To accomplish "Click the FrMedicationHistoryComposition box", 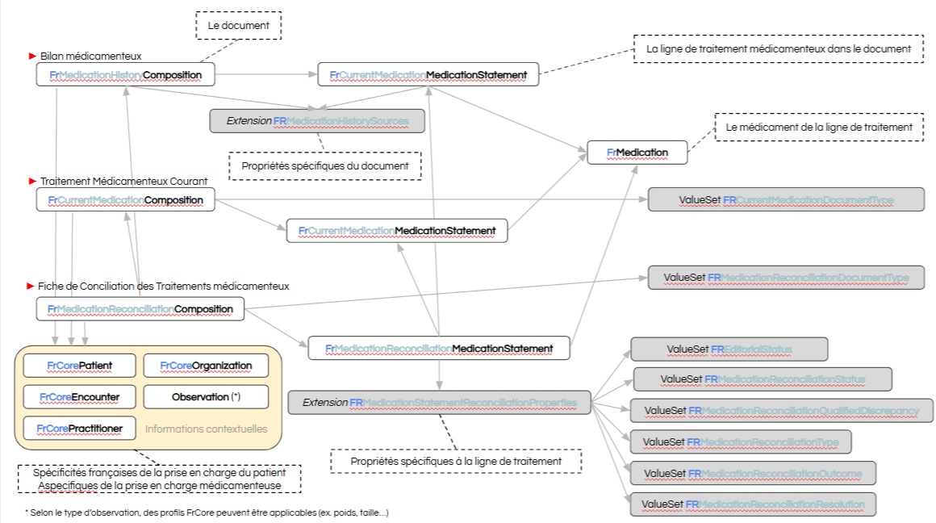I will click(125, 75).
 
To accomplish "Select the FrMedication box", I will click(637, 153).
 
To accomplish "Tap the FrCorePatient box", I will click(78, 366).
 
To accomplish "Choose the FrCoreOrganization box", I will click(206, 366).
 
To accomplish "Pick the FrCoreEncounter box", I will click(78, 397).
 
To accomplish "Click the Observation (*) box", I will click(206, 397).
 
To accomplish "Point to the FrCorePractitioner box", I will click(78, 428).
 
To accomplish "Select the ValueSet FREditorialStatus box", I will click(729, 349).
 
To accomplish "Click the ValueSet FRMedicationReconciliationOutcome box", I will click(752, 472).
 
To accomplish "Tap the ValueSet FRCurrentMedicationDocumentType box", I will click(786, 199).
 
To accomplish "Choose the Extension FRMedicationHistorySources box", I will click(316, 121).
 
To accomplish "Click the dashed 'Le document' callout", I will click(238, 26).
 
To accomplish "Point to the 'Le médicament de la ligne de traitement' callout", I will click(818, 127).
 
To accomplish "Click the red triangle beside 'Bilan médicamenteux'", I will click(33, 56).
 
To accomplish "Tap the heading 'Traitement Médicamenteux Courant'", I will click(123, 181).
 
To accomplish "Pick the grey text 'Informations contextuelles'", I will click(206, 429).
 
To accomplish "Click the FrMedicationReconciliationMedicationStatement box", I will click(439, 349).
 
